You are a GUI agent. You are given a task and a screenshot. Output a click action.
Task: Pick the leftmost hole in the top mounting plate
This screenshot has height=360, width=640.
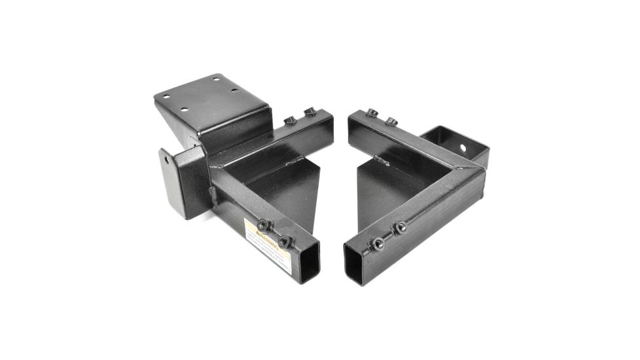click(x=166, y=97)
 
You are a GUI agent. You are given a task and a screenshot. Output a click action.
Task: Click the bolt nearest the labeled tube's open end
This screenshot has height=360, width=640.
click(x=283, y=242)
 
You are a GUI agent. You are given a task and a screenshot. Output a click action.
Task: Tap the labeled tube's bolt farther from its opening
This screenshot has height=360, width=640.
click(x=263, y=224)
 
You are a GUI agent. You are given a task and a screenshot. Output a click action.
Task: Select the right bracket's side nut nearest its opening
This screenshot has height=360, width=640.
click(x=378, y=243)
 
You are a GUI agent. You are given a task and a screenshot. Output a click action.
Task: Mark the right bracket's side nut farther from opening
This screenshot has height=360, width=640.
click(x=399, y=227)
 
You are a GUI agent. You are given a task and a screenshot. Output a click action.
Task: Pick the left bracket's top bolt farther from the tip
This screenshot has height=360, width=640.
click(x=290, y=120)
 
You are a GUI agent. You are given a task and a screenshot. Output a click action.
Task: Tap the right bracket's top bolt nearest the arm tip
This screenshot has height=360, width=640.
click(x=372, y=113)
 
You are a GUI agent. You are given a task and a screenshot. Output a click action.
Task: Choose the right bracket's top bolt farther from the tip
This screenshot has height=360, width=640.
click(x=391, y=120)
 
